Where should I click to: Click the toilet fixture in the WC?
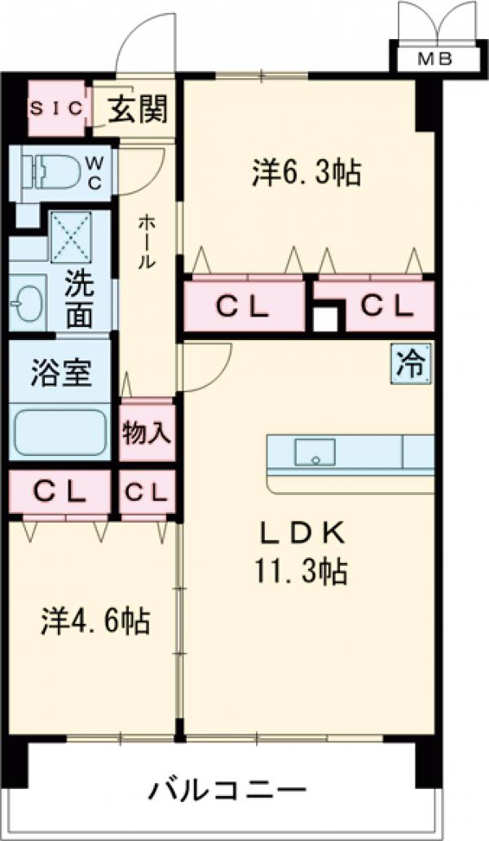point(54,170)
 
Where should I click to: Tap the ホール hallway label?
point(147,241)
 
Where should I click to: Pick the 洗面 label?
point(80,301)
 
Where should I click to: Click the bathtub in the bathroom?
point(61,432)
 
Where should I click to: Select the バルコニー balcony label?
point(228,790)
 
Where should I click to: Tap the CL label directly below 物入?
point(148,492)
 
